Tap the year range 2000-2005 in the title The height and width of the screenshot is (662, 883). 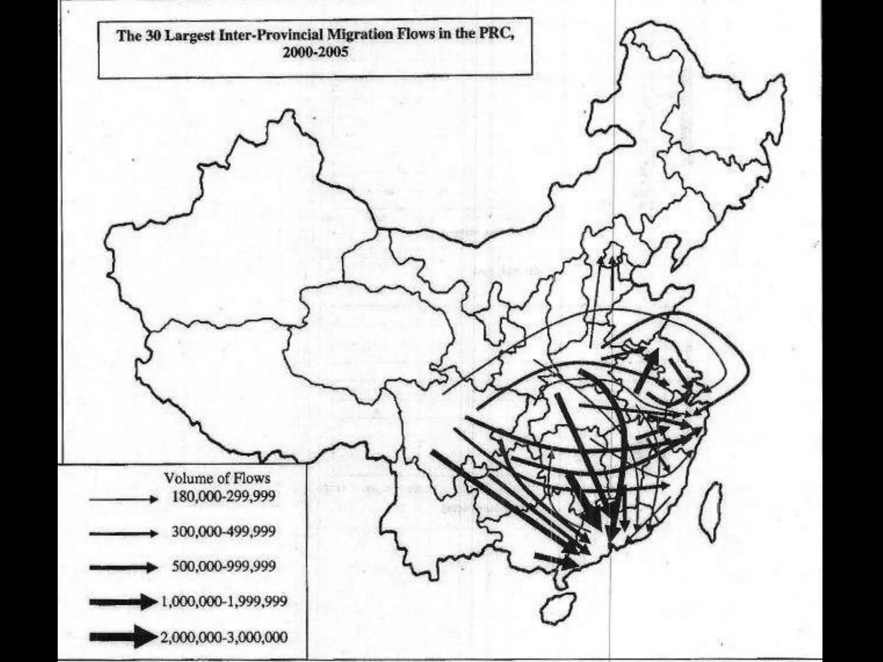click(x=316, y=52)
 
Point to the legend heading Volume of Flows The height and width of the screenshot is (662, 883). click(x=217, y=478)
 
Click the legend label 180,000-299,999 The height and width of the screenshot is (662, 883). click(x=223, y=496)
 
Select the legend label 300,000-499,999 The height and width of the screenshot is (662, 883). click(x=223, y=531)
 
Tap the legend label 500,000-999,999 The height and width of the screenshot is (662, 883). click(x=223, y=566)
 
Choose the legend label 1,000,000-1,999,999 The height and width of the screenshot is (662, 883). click(x=224, y=601)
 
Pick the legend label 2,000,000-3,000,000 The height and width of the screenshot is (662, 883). click(x=224, y=637)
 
